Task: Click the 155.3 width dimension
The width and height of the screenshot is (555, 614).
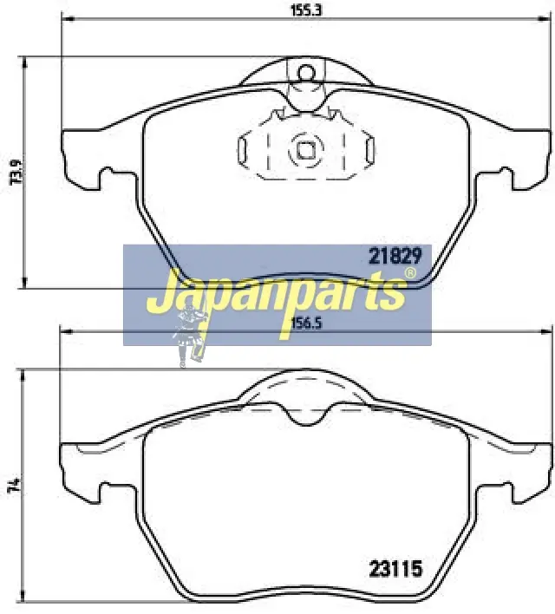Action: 305,10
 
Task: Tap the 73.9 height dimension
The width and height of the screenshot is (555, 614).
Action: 16,172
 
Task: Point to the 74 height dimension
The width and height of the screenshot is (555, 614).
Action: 16,487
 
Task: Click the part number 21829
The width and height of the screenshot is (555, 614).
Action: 395,257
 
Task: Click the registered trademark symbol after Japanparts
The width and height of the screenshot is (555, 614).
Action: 409,273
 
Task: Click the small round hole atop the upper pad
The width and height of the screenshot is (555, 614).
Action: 306,72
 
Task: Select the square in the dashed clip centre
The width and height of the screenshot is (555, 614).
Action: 305,150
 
